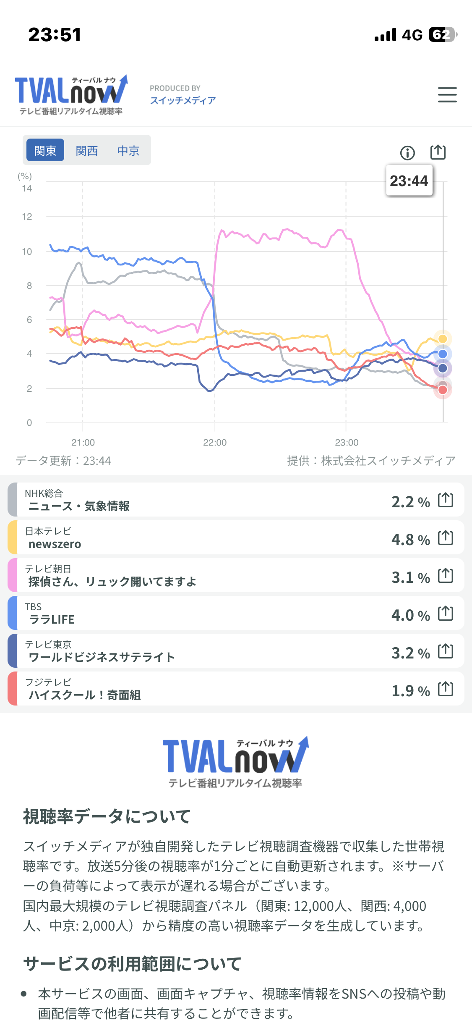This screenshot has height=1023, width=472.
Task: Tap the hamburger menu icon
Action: click(447, 94)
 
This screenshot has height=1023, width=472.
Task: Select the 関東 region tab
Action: click(45, 150)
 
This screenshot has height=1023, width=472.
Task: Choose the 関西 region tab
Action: click(87, 150)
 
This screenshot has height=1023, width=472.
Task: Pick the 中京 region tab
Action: click(128, 150)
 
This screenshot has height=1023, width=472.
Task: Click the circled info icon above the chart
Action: click(407, 153)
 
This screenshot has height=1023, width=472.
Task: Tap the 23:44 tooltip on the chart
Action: click(409, 181)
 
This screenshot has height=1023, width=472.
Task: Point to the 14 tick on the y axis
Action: click(27, 188)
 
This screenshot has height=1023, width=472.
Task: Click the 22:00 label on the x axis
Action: click(215, 443)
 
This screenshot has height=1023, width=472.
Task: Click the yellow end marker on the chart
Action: click(443, 338)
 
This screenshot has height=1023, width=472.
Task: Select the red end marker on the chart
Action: click(443, 390)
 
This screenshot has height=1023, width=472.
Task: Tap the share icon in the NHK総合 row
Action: click(446, 500)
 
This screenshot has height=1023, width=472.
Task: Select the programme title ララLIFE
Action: click(52, 619)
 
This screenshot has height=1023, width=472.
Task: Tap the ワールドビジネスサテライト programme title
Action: click(102, 657)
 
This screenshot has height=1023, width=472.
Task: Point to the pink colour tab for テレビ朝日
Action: click(13, 575)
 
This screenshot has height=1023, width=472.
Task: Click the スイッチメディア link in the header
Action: click(183, 100)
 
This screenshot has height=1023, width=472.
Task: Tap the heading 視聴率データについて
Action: click(107, 816)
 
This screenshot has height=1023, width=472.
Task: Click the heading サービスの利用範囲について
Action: click(132, 963)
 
